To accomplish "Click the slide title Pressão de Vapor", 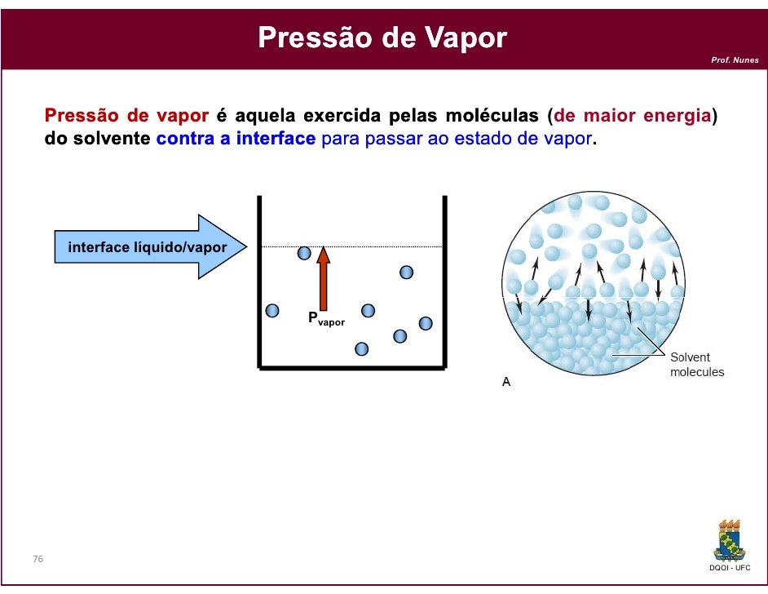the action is tap(382, 38).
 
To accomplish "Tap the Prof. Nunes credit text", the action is tap(735, 60).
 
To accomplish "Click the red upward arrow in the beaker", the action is tap(324, 277).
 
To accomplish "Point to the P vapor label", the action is tap(325, 319).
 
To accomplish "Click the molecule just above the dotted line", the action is tap(304, 254).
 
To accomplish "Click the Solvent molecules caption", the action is tap(696, 365).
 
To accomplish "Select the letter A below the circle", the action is tap(506, 381).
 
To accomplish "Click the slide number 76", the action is tap(38, 559).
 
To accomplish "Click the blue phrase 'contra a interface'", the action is tap(236, 139).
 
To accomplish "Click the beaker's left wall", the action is tap(259, 281).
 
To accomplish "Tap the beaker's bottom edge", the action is tap(352, 368).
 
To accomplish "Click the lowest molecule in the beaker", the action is tap(361, 349).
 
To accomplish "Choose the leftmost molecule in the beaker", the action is tap(272, 310).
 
